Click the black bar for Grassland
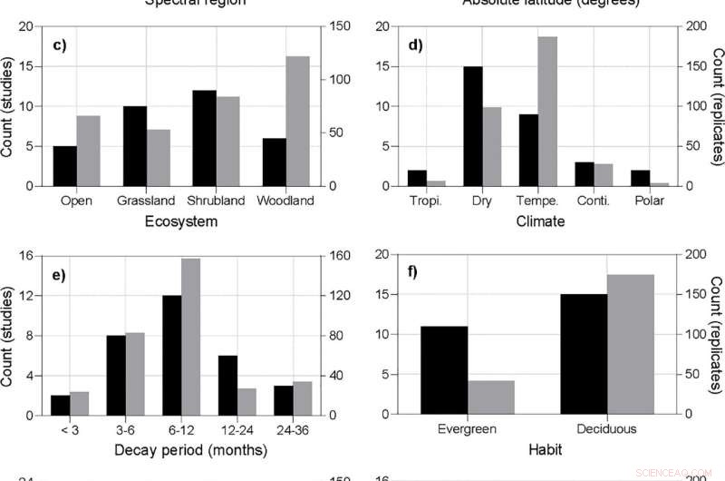pos(135,146)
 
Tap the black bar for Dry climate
pos(473,126)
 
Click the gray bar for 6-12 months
pos(190,337)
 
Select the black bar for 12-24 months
pos(228,386)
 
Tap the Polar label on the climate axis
pos(649,201)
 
